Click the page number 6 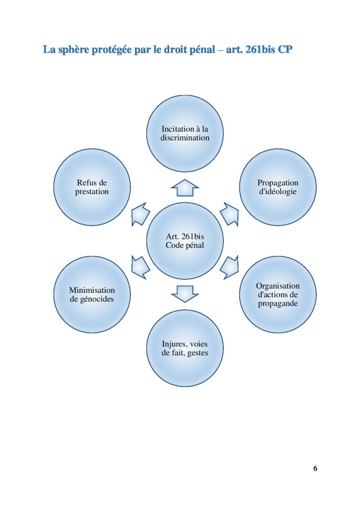[315, 469]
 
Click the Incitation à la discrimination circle [184, 133]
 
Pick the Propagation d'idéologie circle [277, 187]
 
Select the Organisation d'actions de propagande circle [277, 296]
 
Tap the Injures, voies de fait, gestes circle [184, 348]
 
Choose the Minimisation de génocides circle [92, 294]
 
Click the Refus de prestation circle [92, 187]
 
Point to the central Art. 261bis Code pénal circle [184, 241]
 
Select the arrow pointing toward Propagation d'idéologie [229, 213]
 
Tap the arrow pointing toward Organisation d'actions [229, 268]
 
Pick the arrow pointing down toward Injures [184, 293]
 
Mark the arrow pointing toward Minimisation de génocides [140, 268]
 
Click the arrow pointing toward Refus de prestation [140, 213]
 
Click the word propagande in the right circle [277, 304]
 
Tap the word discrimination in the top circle [184, 138]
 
